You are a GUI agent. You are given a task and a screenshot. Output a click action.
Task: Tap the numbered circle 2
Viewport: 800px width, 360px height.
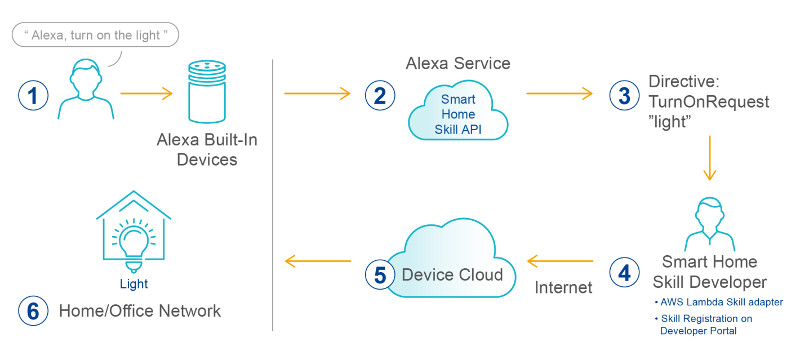pos(380,95)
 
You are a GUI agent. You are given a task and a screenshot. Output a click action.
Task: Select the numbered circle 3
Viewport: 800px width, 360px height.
pos(624,95)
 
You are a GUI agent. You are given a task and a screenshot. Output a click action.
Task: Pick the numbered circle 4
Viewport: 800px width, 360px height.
pos(624,273)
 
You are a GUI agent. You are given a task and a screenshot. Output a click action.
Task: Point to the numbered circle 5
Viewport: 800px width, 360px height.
pos(380,275)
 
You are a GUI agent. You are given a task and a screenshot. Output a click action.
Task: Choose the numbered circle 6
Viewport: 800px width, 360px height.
pos(33,312)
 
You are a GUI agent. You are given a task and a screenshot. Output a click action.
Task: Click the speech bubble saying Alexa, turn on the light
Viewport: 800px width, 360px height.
pos(95,35)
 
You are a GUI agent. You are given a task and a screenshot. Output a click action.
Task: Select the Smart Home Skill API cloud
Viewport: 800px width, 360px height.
pos(457,114)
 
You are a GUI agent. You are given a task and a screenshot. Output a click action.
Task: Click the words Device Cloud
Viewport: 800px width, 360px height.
pos(452,275)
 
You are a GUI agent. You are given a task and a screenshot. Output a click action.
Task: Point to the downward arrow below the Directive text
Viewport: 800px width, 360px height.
pos(709,158)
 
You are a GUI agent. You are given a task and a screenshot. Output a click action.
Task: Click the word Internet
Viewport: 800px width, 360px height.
pos(563,288)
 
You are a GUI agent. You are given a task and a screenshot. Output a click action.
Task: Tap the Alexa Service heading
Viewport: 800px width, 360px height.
pos(457,63)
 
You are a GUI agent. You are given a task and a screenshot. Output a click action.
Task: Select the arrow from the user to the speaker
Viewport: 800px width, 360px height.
pos(146,94)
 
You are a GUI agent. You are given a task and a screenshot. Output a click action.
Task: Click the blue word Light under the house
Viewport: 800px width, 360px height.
pos(134,284)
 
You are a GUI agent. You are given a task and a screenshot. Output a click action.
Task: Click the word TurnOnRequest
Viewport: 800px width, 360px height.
pos(709,102)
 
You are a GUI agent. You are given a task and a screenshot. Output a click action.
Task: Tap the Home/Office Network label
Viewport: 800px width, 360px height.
pos(140,311)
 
